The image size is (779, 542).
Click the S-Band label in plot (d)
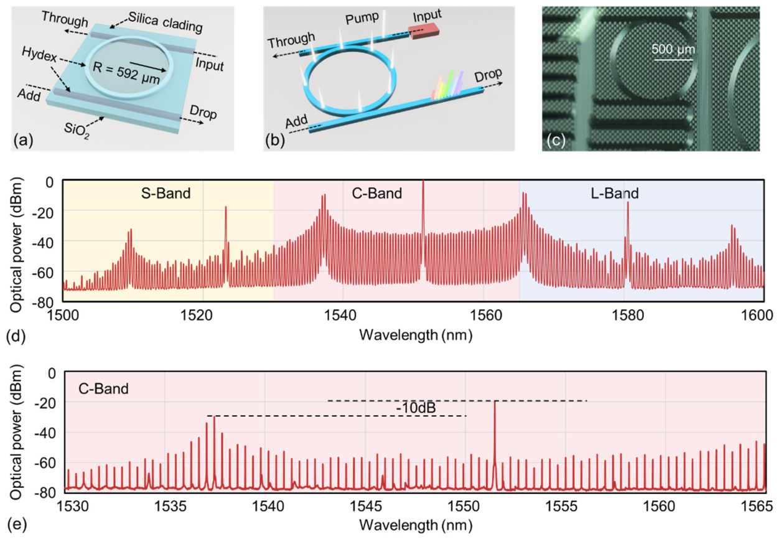166,194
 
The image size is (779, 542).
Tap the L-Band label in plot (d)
615,194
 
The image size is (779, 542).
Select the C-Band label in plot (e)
104,388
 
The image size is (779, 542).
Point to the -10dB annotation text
416,408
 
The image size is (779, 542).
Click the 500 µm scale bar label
673,49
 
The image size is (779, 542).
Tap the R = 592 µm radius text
126,73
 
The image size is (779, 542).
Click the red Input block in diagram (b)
424,30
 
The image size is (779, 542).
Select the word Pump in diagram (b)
362,18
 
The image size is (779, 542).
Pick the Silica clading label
166,22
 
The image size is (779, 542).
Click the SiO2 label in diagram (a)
77,131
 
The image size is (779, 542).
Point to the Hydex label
39,55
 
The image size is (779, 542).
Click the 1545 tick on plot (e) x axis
365,506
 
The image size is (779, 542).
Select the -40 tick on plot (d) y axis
42,243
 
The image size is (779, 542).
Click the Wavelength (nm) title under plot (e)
416,525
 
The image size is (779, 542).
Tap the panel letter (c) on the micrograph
556,140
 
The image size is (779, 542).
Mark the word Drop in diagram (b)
488,75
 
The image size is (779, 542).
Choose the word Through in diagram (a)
65,19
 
